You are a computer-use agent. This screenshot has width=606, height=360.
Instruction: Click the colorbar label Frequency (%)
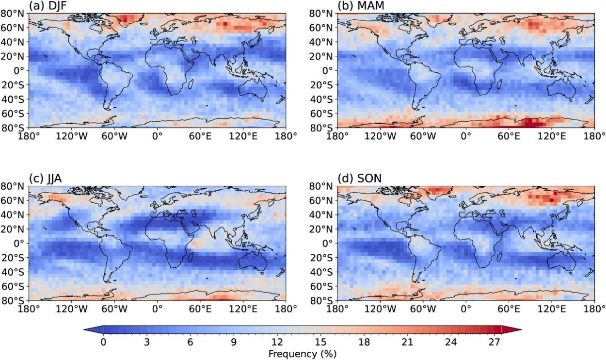(x=302, y=354)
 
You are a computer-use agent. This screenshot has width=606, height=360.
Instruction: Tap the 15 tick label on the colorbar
(x=320, y=342)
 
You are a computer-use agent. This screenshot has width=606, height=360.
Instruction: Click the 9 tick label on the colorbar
(x=234, y=342)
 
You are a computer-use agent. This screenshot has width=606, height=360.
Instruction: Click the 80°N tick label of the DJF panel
(x=14, y=13)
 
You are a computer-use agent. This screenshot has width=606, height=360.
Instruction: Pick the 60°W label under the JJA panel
(x=115, y=309)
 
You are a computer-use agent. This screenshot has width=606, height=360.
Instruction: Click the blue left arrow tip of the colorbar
(x=85, y=330)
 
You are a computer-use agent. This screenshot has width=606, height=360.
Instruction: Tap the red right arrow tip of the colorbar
(x=520, y=330)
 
